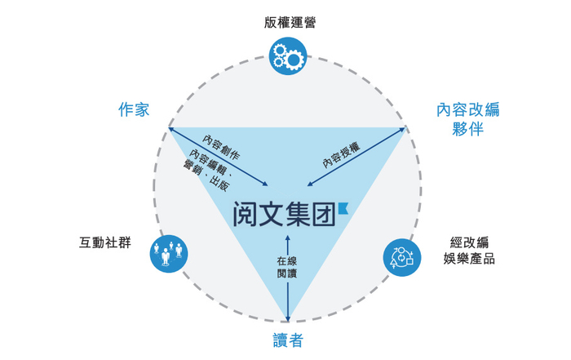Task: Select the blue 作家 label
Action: (133, 109)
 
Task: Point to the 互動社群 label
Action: (103, 242)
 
